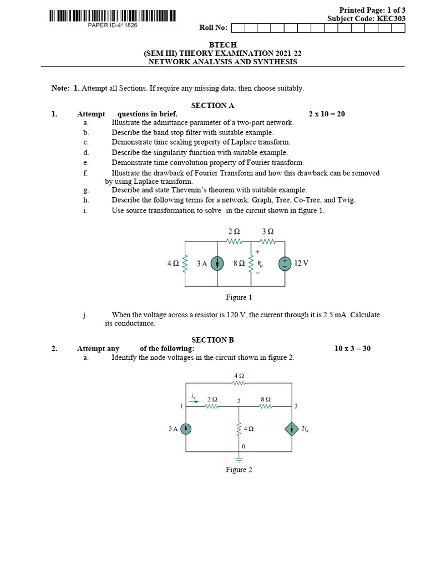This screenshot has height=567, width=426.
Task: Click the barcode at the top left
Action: click(112, 16)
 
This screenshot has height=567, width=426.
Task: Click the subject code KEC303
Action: click(391, 18)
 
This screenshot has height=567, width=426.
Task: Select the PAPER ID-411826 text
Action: click(113, 25)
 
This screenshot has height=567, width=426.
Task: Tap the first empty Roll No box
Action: click(237, 28)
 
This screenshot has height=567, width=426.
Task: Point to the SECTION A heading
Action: click(212, 105)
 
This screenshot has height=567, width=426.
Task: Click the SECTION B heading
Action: click(212, 340)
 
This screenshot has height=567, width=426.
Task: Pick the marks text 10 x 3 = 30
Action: click(352, 349)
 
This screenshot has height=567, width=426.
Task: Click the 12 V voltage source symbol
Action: click(285, 264)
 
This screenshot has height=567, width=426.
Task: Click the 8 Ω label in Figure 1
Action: click(239, 264)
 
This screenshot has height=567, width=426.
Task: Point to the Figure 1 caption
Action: click(239, 298)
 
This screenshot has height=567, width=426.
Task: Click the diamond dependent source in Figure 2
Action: click(291, 429)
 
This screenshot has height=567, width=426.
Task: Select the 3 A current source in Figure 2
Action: click(187, 429)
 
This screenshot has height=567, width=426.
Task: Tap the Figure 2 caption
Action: click(239, 470)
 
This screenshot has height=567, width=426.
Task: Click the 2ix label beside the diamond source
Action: click(306, 429)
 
